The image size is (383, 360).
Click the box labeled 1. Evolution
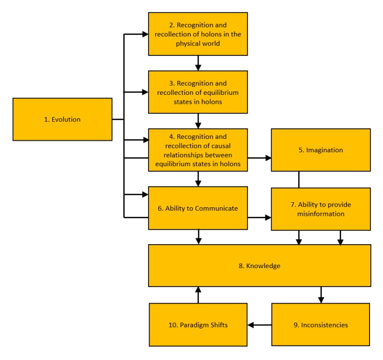point(62,119)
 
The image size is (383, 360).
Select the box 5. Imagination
point(321,150)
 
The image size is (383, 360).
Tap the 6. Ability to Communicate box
point(198,208)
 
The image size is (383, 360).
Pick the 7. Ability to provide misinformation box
point(321,209)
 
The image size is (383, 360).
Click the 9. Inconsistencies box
point(321,325)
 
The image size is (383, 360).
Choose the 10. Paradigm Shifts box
point(198,325)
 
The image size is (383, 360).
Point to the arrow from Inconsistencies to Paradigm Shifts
point(259,325)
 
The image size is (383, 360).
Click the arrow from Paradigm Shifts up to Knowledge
point(198,295)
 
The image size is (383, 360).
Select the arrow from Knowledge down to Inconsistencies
point(321,295)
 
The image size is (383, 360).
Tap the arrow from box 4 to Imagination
point(259,158)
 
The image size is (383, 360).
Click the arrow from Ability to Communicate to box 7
point(259,217)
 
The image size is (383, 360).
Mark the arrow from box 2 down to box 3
point(198,63)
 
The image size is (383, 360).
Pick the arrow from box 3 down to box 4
point(198,121)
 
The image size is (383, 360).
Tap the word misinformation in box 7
point(321,214)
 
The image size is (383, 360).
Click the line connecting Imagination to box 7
point(299,180)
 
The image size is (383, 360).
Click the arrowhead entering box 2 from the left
point(145,34)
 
